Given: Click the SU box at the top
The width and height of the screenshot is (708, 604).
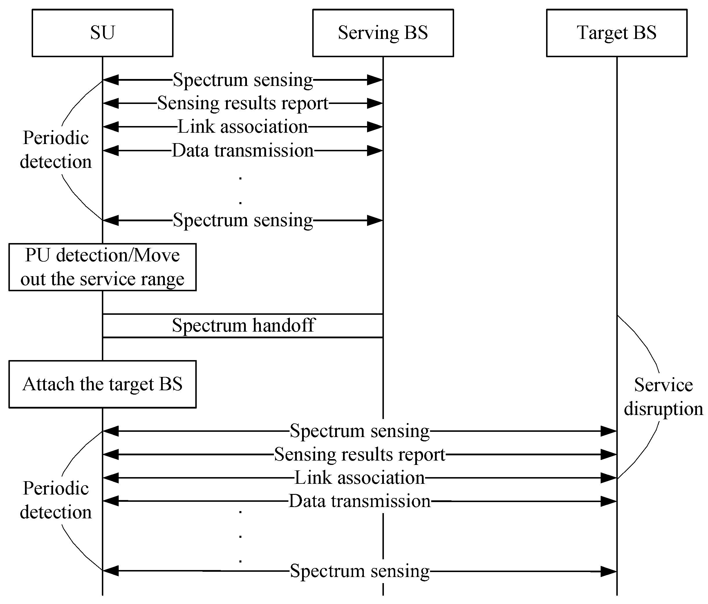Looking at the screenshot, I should [102, 33].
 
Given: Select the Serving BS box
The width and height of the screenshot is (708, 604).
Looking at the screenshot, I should [383, 33].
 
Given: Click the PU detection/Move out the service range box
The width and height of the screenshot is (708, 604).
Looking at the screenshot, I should [102, 267].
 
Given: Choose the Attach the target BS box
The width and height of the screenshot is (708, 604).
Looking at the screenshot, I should [102, 384].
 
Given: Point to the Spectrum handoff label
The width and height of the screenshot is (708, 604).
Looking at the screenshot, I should [243, 325].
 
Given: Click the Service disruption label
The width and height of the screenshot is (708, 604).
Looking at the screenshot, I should [663, 397].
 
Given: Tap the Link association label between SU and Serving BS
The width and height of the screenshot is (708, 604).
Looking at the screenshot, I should [243, 127].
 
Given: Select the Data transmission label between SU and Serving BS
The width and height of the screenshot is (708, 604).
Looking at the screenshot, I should [243, 150].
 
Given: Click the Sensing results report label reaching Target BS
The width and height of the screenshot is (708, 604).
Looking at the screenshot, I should [360, 454].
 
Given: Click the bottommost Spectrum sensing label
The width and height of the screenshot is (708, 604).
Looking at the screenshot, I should [360, 571].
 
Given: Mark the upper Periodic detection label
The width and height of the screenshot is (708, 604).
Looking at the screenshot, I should [56, 150].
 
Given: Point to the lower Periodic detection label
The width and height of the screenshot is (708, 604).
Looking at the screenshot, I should [56, 500].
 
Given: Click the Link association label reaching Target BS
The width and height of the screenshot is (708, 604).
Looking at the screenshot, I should [360, 478].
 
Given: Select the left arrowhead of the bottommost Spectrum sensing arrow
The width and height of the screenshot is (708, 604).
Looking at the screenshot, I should [111, 571].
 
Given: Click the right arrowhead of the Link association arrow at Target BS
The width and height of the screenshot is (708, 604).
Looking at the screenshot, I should [608, 478].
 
